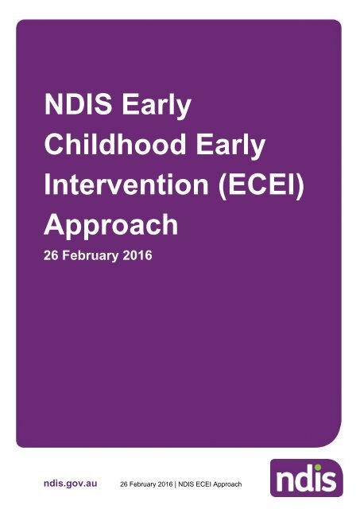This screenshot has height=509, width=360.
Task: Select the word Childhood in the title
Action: pyautogui.click(x=110, y=146)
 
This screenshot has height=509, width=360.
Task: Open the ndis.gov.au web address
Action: pyautogui.click(x=70, y=483)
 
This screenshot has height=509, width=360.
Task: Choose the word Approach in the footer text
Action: pyautogui.click(x=237, y=484)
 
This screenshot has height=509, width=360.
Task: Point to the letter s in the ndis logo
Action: pyautogui.click(x=331, y=480)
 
